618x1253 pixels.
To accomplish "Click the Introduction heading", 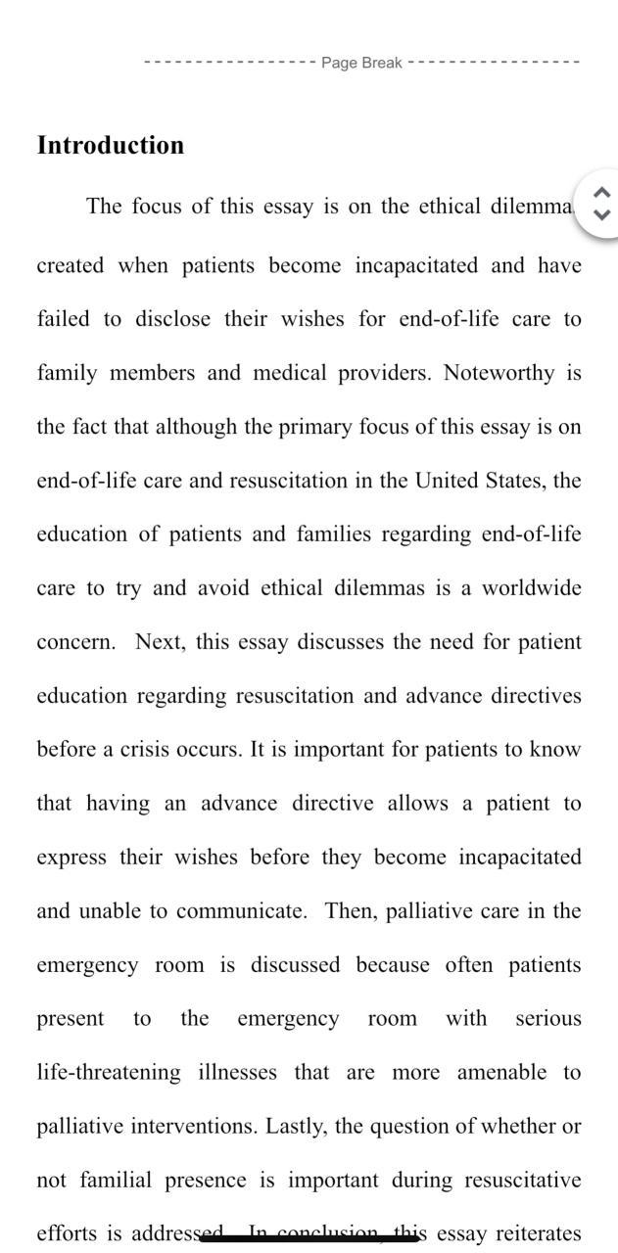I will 110,145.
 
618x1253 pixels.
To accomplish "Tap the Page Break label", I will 361,63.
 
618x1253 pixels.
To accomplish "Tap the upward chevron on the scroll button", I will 602,193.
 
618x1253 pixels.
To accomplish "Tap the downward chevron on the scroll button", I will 602,214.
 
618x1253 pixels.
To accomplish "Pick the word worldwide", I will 531,588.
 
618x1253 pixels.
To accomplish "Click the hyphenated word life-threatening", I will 109,1073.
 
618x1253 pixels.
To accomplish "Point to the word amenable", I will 501,1073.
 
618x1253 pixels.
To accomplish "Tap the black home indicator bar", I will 309,1238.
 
